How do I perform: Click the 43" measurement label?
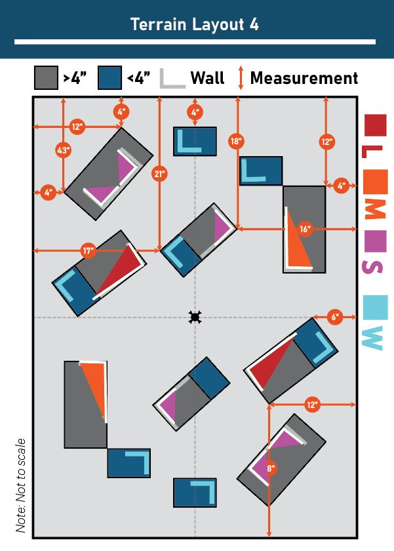(x=63, y=150)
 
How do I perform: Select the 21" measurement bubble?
(x=160, y=174)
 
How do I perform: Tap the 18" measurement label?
(x=236, y=141)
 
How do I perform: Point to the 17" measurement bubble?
(x=88, y=251)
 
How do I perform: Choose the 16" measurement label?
(x=305, y=229)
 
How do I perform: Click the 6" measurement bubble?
(x=335, y=317)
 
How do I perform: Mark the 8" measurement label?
(x=270, y=468)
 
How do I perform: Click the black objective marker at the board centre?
(x=195, y=317)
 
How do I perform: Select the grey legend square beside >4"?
(x=46, y=77)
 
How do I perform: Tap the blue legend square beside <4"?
(x=109, y=77)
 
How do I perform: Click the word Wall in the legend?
(x=207, y=77)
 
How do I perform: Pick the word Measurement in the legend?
(x=304, y=78)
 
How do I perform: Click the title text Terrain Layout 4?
(x=195, y=25)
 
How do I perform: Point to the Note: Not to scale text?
(x=21, y=485)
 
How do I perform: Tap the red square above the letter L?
(x=376, y=125)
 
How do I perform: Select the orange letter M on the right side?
(x=376, y=209)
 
